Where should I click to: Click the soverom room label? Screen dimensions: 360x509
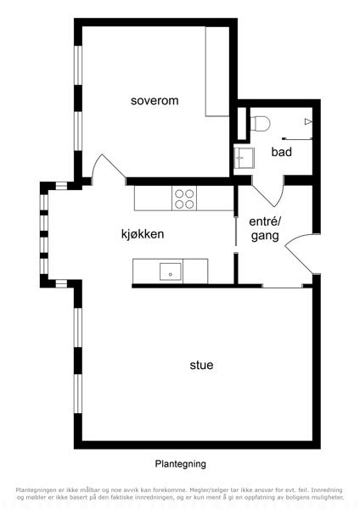pyautogui.click(x=155, y=101)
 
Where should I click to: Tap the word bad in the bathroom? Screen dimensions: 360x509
pyautogui.click(x=282, y=152)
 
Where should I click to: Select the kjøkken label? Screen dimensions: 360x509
pyautogui.click(x=143, y=234)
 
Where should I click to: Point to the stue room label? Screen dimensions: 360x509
pyautogui.click(x=201, y=365)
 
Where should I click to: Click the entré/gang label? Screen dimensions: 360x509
pyautogui.click(x=265, y=228)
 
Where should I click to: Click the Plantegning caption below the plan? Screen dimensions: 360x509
pyautogui.click(x=180, y=464)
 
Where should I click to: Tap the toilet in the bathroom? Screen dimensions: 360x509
pyautogui.click(x=261, y=124)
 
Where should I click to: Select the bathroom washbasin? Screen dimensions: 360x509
pyautogui.click(x=244, y=158)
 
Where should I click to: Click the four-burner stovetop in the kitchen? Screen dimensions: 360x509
pyautogui.click(x=184, y=199)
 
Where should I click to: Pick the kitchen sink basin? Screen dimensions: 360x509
pyautogui.click(x=171, y=271)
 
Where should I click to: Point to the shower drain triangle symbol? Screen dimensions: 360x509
pyautogui.click(x=308, y=121)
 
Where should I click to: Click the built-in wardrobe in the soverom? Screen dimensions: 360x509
pyautogui.click(x=217, y=71)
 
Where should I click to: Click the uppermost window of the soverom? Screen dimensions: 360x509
pyautogui.click(x=78, y=65)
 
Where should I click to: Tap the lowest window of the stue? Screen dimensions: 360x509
pyautogui.click(x=78, y=394)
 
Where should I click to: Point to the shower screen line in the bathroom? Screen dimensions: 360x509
pyautogui.click(x=298, y=138)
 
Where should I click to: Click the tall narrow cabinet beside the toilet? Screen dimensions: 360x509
pyautogui.click(x=242, y=123)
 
